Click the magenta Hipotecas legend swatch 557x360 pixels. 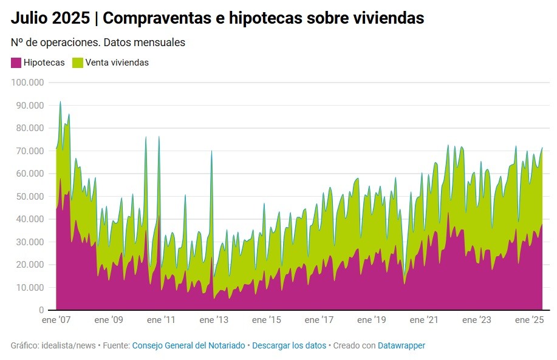16,63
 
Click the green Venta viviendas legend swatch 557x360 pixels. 78,63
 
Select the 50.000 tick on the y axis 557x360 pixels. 30,197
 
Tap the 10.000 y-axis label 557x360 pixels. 30,287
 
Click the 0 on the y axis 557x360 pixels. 41,310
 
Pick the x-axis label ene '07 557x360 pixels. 56,320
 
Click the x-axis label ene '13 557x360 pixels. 214,320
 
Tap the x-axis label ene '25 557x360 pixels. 530,320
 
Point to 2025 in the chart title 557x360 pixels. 70,19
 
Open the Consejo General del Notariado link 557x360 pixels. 188,345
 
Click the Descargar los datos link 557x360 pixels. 289,345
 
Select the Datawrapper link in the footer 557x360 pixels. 402,345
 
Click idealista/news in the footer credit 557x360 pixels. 69,345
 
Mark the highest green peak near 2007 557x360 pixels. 60,103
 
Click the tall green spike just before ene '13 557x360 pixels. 211,152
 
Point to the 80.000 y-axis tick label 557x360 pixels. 30,128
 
